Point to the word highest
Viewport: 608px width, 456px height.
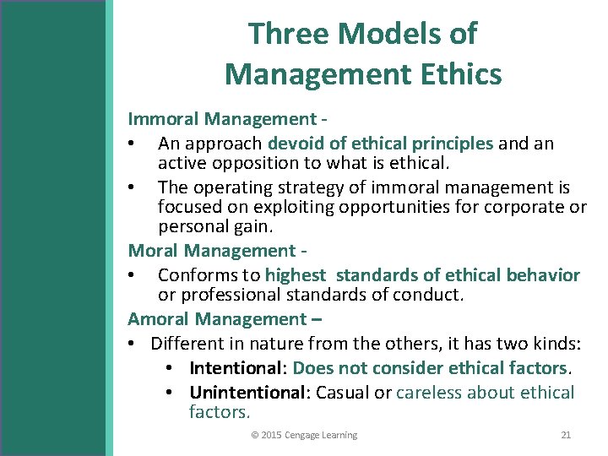(295, 275)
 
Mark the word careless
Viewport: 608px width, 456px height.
(428, 393)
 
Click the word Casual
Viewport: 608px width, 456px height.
(345, 393)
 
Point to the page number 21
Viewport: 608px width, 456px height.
(566, 435)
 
